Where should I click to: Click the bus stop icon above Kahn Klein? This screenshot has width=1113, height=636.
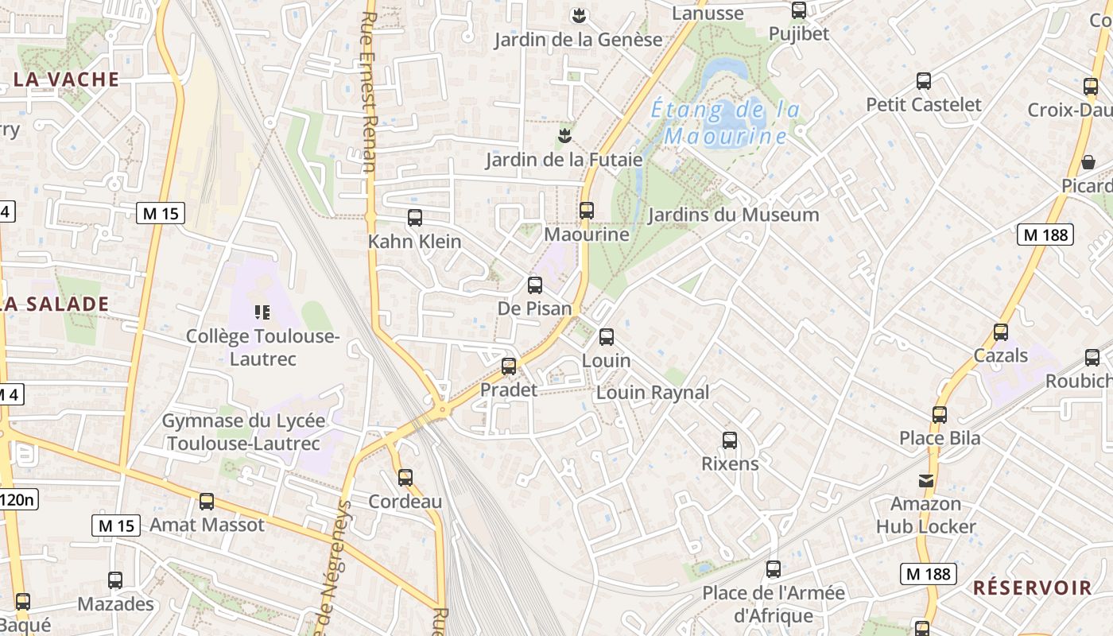[x=414, y=218]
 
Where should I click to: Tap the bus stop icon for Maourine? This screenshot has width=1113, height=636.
[x=587, y=211]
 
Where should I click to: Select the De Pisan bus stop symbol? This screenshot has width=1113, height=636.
[x=535, y=285]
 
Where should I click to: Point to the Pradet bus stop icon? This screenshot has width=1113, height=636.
[x=509, y=366]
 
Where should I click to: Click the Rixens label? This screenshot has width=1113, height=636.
[x=730, y=463]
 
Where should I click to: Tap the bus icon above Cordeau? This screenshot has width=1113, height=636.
[x=405, y=478]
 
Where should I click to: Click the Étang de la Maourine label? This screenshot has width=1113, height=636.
[x=725, y=122]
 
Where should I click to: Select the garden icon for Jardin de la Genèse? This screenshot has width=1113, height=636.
[x=579, y=15]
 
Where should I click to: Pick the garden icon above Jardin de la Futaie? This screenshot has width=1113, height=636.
[x=564, y=135]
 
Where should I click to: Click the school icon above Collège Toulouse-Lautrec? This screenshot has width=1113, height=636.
[x=262, y=312]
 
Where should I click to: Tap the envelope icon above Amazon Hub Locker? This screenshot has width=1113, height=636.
[x=926, y=480]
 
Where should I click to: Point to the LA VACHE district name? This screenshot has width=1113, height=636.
[x=67, y=79]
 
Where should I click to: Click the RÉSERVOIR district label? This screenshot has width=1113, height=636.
[x=1033, y=588]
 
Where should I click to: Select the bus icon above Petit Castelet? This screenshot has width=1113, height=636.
[x=924, y=81]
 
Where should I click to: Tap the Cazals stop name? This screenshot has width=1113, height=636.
[x=1001, y=355]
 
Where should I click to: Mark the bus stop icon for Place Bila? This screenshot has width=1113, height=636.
[x=940, y=414]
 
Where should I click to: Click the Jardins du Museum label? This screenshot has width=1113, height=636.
[x=733, y=215]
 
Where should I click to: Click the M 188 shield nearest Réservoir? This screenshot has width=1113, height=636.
[x=928, y=573]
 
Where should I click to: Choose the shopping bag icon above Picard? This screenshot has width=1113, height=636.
[x=1088, y=162]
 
